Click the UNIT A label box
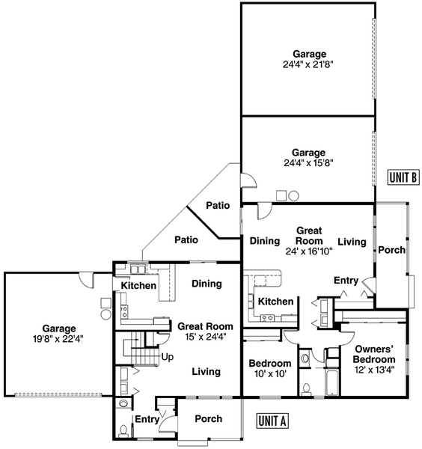tap(272, 421)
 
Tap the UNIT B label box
tap(403, 177)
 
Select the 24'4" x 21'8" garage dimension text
tap(308, 64)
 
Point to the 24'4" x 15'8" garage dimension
tap(308, 163)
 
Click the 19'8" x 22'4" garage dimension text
tap(58, 339)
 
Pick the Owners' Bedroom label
tap(374, 354)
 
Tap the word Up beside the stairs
tap(168, 358)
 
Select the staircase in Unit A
tap(141, 348)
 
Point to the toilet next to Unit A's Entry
tap(123, 430)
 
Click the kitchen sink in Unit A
tap(138, 269)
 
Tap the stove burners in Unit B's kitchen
tap(267, 317)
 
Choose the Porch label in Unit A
tap(209, 418)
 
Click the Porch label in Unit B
tap(391, 250)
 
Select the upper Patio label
tap(218, 205)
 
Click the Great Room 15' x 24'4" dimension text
tap(206, 337)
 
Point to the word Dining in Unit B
tap(265, 241)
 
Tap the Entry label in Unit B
tap(346, 281)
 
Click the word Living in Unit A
tap(206, 372)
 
